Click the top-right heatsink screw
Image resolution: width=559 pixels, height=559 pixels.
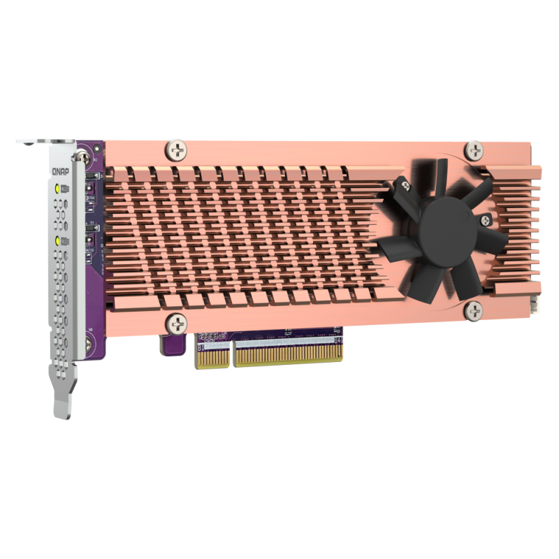coord(474,149)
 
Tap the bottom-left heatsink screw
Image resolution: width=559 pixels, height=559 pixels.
coord(177,322)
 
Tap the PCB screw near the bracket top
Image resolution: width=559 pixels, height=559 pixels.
coord(89,151)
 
